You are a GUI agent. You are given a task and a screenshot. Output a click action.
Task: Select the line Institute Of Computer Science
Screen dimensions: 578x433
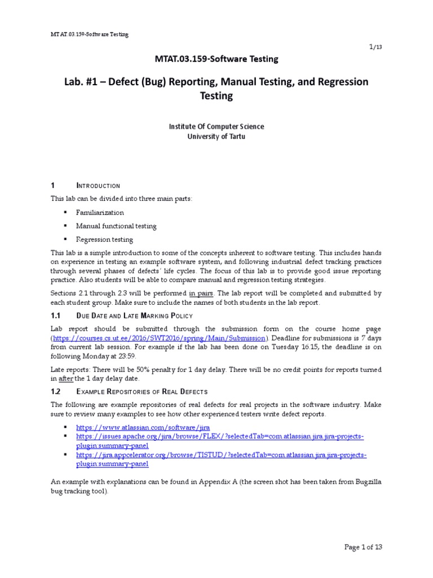(216, 126)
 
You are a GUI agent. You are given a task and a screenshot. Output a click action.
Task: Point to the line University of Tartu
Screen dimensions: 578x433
(216, 136)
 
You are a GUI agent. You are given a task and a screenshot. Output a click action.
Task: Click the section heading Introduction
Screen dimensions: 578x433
(98, 186)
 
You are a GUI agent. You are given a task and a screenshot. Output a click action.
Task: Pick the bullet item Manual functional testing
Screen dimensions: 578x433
(117, 226)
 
